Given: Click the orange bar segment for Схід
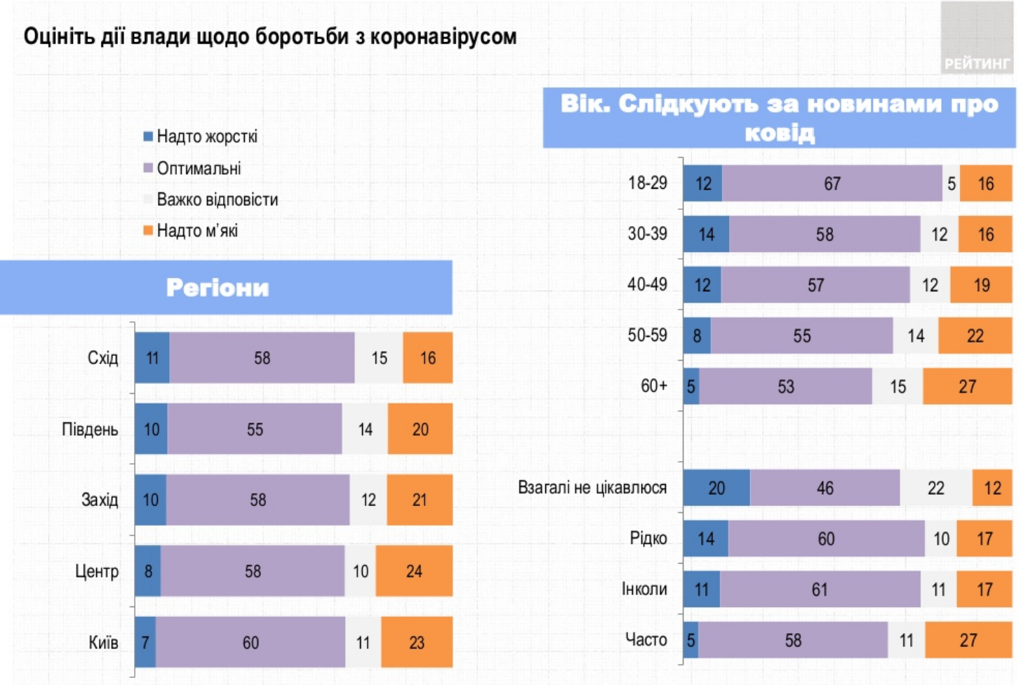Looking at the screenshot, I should click(x=427, y=358).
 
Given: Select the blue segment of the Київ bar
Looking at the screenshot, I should click(x=145, y=642).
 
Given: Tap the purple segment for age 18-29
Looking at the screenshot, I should click(x=832, y=184).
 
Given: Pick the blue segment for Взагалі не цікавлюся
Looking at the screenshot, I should click(x=716, y=488).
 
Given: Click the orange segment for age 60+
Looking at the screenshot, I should click(x=967, y=387).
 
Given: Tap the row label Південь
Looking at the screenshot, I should click(x=90, y=430).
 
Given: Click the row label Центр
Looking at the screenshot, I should click(x=97, y=571).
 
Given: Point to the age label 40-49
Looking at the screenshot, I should click(x=647, y=284).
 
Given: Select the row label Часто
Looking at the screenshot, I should click(x=646, y=640).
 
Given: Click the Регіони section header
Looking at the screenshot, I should click(x=218, y=288).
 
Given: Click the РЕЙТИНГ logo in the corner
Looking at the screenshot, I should click(x=977, y=63).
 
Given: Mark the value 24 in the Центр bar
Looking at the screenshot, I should click(x=414, y=571).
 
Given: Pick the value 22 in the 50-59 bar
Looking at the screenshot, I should click(x=975, y=336).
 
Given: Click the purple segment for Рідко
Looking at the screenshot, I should click(x=826, y=539).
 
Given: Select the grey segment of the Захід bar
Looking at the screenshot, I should click(x=368, y=500).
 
